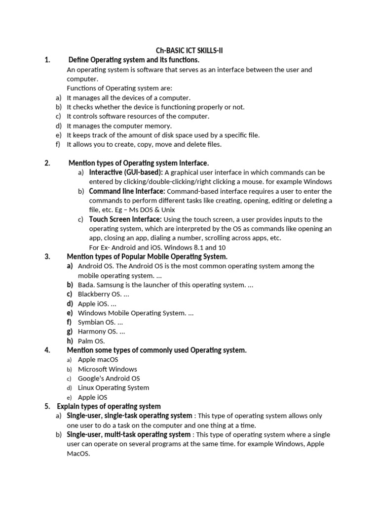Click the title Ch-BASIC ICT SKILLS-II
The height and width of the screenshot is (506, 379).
[x=190, y=50]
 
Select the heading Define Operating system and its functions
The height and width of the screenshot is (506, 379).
[x=134, y=60]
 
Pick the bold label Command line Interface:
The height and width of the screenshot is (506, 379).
[x=127, y=191]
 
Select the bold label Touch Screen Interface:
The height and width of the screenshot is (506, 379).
[x=125, y=219]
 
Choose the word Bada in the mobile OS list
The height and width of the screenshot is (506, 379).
[x=86, y=285]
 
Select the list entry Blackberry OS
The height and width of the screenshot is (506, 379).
[x=100, y=295]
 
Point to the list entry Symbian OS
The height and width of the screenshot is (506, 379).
[x=97, y=323]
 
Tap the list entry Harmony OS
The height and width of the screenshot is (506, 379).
[x=98, y=332]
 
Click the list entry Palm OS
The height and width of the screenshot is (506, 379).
[x=91, y=341]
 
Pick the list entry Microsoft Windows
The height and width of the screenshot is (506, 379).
[x=108, y=369]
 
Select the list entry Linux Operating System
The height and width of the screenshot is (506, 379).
[x=114, y=388]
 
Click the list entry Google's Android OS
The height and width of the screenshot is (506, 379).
[x=110, y=379]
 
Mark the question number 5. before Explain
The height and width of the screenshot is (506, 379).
[x=47, y=407]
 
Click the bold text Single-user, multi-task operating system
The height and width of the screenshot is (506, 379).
[x=129, y=434]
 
